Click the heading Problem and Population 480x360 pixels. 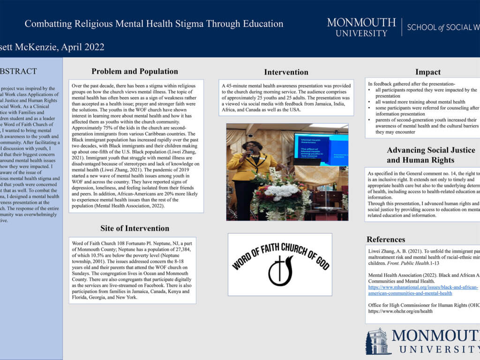(x=135, y=72)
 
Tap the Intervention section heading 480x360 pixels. (x=286, y=72)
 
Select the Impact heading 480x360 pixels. (x=427, y=72)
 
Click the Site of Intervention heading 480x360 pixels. (x=135, y=228)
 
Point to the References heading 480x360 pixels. (x=386, y=240)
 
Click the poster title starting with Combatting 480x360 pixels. (x=154, y=23)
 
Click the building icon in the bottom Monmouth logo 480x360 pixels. (x=378, y=341)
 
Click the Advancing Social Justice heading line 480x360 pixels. (x=431, y=150)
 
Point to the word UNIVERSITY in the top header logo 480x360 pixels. (x=361, y=33)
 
